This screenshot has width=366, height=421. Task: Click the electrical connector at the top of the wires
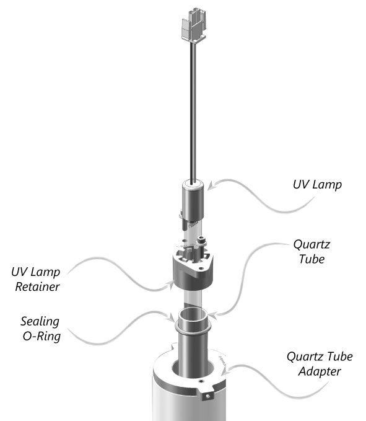194,26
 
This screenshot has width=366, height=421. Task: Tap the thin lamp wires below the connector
193,113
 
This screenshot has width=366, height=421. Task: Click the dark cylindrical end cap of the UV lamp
193,200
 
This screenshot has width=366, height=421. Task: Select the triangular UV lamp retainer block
193,271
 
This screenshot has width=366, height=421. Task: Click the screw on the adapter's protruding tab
207,396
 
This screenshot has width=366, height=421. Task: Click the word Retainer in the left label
37,286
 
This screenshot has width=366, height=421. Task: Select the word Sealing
40,322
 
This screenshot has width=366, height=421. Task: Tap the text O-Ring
41,337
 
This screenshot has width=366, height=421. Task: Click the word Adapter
320,372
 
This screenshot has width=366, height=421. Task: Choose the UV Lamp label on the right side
318,185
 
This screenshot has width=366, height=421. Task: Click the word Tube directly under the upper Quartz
312,259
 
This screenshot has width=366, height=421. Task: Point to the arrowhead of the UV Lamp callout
211,186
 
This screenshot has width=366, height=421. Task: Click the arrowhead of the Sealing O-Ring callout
171,318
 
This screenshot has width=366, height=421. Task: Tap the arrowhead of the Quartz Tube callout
212,315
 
